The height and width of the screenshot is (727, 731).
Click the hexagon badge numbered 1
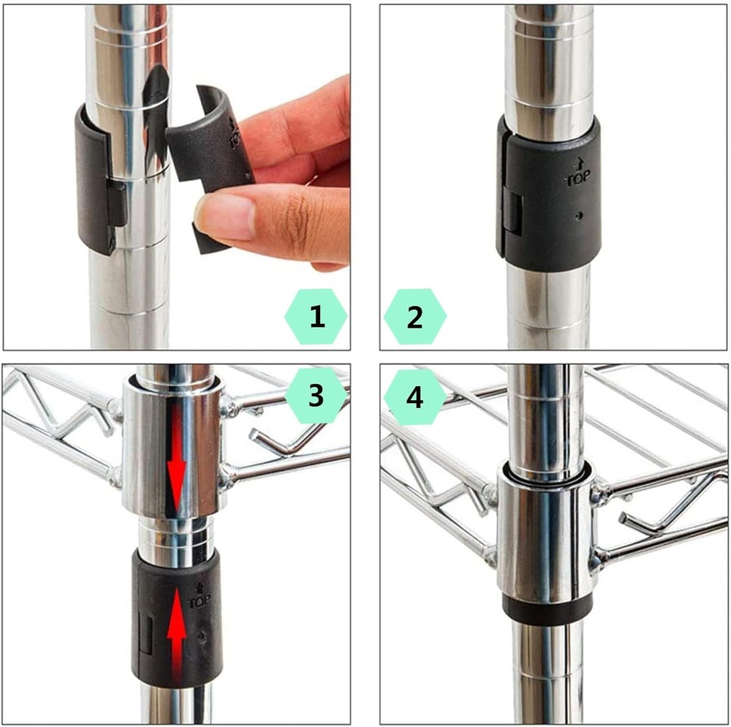pyautogui.click(x=316, y=317)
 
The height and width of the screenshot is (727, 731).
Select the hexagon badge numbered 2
pyautogui.click(x=414, y=317)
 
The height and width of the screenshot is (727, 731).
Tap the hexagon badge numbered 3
pyautogui.click(x=316, y=396)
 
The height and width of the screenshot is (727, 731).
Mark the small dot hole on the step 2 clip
pyautogui.click(x=578, y=216)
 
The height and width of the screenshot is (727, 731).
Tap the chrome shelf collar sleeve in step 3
pyautogui.click(x=172, y=446)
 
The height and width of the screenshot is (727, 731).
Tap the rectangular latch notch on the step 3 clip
pyautogui.click(x=146, y=633)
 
